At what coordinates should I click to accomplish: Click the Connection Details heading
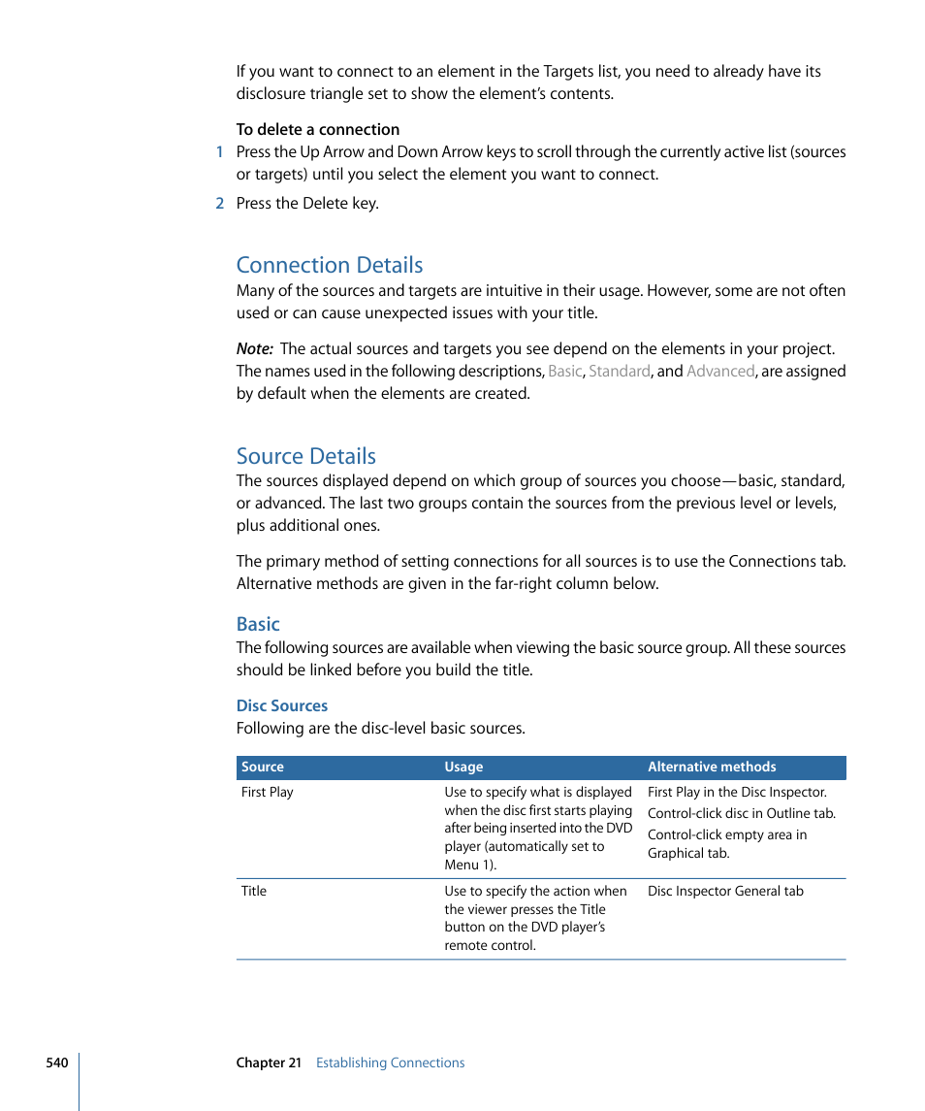pyautogui.click(x=330, y=265)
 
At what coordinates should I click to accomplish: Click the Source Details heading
pyautogui.click(x=305, y=456)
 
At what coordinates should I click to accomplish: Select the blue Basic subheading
pyautogui.click(x=258, y=624)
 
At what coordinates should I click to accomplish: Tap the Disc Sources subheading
pyautogui.click(x=282, y=705)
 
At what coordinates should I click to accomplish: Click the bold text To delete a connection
pyautogui.click(x=318, y=129)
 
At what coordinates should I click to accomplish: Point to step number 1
pyautogui.click(x=220, y=151)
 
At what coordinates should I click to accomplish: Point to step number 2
pyautogui.click(x=220, y=203)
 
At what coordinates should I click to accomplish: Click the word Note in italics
pyautogui.click(x=254, y=348)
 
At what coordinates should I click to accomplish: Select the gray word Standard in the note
pyautogui.click(x=619, y=371)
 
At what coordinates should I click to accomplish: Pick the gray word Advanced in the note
pyautogui.click(x=719, y=371)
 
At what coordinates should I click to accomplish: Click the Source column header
pyautogui.click(x=263, y=767)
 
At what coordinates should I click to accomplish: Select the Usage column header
pyautogui.click(x=463, y=767)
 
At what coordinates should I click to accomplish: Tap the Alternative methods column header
pyautogui.click(x=712, y=767)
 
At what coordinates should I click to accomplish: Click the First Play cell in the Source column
pyautogui.click(x=268, y=792)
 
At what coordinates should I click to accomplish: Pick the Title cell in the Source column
pyautogui.click(x=254, y=891)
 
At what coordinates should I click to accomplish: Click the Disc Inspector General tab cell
pyautogui.click(x=725, y=891)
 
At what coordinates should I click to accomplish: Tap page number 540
pyautogui.click(x=57, y=1062)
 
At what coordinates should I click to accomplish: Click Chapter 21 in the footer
pyautogui.click(x=269, y=1062)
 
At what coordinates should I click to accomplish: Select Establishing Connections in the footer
pyautogui.click(x=390, y=1062)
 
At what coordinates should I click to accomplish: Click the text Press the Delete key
pyautogui.click(x=307, y=203)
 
